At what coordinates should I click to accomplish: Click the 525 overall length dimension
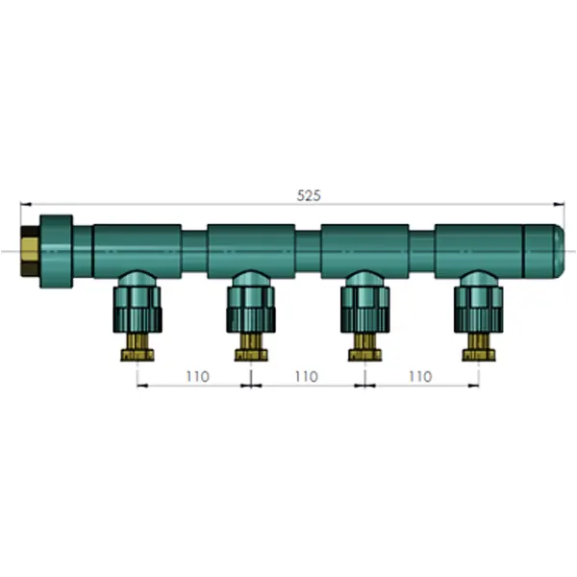pos(309,195)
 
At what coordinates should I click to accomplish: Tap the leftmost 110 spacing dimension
pos(197,376)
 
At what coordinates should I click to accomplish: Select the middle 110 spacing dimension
pos(307,376)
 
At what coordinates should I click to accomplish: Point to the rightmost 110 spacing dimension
pos(420,376)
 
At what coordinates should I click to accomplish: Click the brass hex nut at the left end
pos(30,251)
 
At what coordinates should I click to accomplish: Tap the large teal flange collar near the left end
pos(57,251)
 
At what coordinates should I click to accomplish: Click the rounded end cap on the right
pos(543,251)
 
